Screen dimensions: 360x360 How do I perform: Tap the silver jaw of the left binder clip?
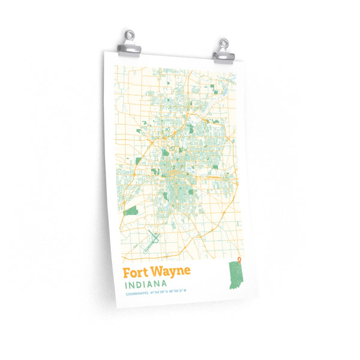tap(130, 50)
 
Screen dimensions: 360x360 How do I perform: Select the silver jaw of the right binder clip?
tap(224, 56)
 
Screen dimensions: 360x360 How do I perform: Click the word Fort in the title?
tap(136, 272)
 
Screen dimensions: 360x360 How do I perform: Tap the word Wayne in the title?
tap(171, 271)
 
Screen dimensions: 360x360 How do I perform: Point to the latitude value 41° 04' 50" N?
tap(158, 293)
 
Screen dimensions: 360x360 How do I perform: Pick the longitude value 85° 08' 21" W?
tap(178, 292)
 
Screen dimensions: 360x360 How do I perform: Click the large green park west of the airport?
tap(131, 211)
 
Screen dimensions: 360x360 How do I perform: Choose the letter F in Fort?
tap(127, 272)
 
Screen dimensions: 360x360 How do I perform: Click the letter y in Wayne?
tap(172, 272)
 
